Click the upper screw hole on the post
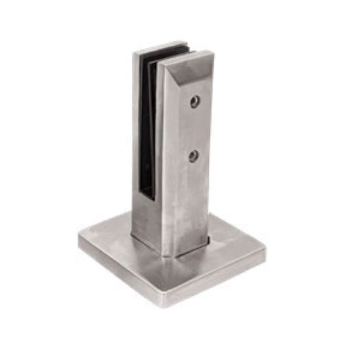195,102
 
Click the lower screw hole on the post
193,156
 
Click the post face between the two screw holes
193,128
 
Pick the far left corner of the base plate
80,236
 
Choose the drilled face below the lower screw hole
192,205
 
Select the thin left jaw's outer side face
136,141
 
